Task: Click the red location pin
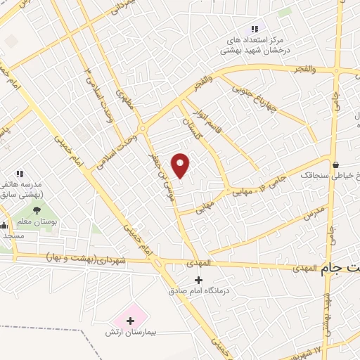tap(181, 165)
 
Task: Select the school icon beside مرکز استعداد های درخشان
tap(255, 29)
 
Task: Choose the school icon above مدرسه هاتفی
tap(20, 174)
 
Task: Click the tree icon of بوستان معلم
tap(37, 210)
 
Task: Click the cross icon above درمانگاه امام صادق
tap(198, 279)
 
